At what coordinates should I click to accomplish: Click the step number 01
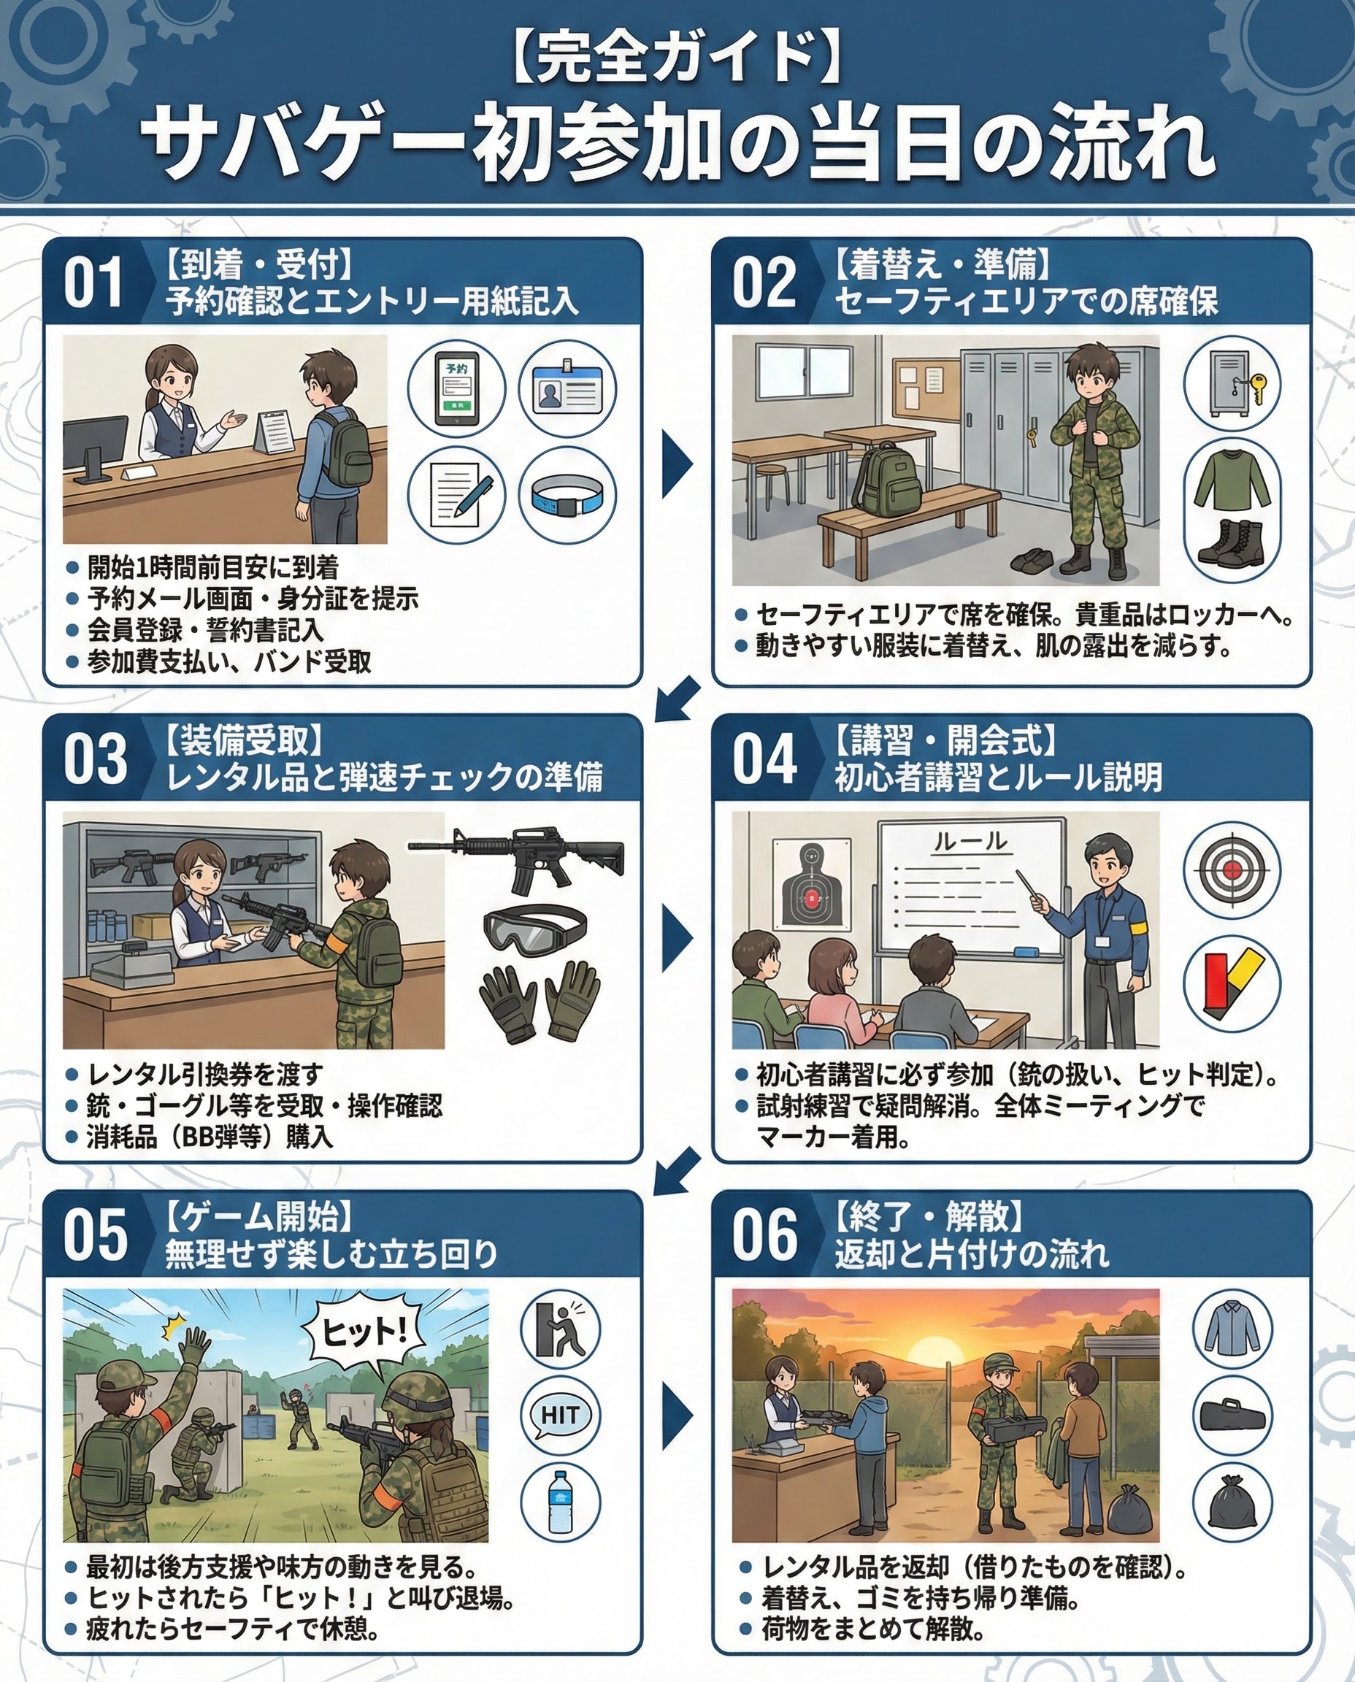pos(93,283)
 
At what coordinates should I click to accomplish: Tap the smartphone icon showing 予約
pos(456,388)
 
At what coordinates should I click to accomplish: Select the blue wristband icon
pos(567,495)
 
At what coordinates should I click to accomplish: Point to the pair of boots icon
pos(1232,539)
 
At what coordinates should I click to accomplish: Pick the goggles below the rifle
pos(534,927)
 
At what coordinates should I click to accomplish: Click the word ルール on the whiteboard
pos(970,842)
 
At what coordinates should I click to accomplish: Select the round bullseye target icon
pos(1232,869)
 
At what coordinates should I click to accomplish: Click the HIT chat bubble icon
pos(560,1415)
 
